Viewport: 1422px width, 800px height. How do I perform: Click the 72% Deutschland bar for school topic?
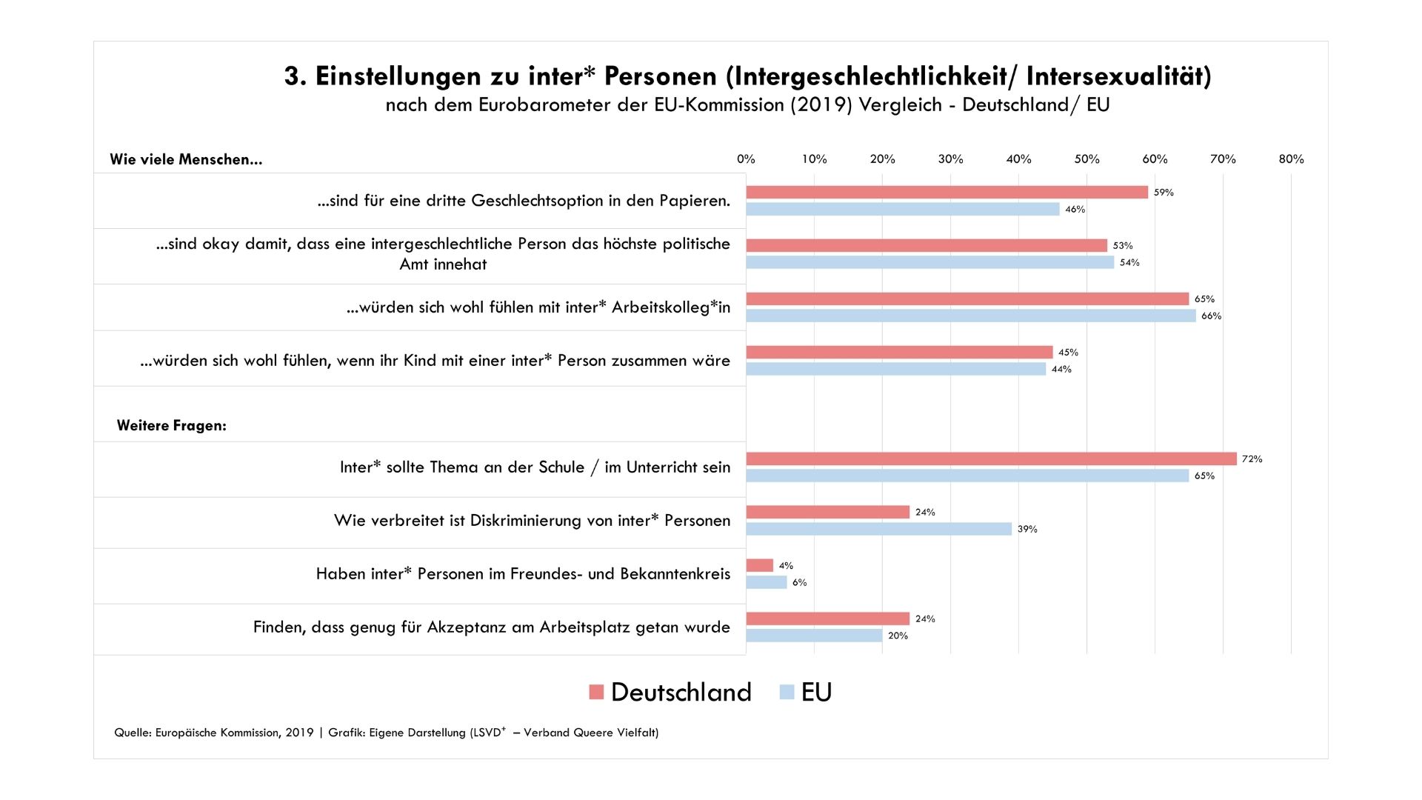click(x=991, y=459)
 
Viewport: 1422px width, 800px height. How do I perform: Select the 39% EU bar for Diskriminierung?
click(x=878, y=529)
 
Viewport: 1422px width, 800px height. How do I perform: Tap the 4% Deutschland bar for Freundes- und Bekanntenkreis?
click(x=760, y=565)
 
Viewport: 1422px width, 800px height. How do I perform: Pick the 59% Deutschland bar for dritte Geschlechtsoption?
click(x=947, y=192)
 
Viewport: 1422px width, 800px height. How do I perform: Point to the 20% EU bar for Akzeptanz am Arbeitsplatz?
click(x=814, y=636)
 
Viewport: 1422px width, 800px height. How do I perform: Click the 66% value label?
click(x=1211, y=316)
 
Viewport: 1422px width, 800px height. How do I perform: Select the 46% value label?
click(x=1075, y=210)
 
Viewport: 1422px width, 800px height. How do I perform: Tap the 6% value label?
click(x=799, y=583)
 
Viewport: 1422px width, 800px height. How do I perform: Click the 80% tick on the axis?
click(x=1291, y=159)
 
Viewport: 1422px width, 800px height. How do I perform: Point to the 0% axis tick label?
click(x=746, y=159)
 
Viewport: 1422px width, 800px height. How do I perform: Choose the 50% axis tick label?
click(x=1086, y=159)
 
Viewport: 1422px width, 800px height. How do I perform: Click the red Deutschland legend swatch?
click(x=596, y=692)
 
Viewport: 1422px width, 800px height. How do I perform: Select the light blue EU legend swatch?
click(x=787, y=692)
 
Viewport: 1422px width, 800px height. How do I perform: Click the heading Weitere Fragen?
click(x=172, y=426)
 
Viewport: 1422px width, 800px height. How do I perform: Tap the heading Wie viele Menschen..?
click(x=186, y=159)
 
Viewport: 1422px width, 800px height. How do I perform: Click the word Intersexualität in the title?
click(x=1118, y=76)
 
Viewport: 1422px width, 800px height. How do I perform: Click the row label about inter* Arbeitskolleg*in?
click(x=538, y=307)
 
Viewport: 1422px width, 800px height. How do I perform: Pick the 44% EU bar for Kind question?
click(x=895, y=369)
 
